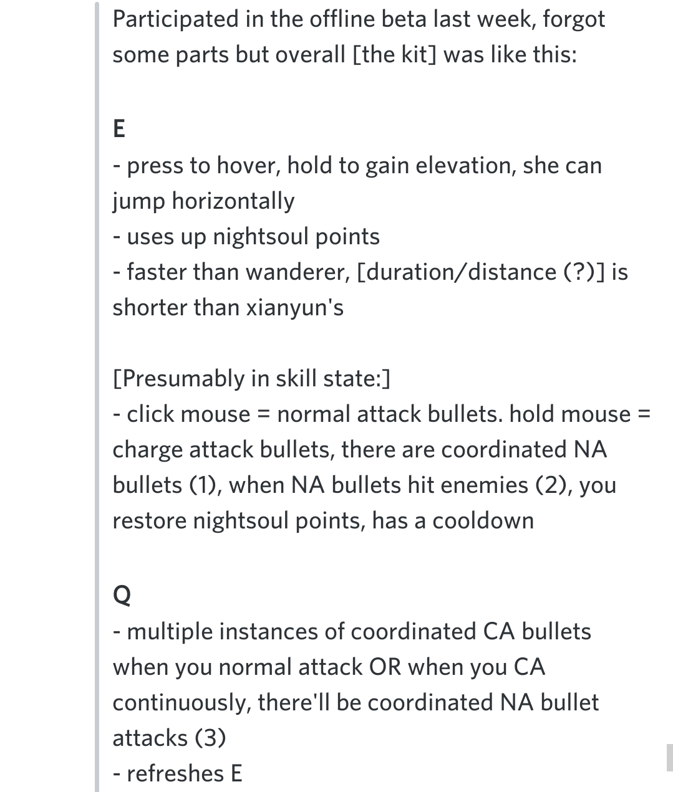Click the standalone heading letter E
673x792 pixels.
(x=119, y=129)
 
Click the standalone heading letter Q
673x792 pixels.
(x=122, y=595)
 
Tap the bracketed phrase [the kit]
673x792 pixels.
(x=394, y=55)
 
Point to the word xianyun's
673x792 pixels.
(x=294, y=307)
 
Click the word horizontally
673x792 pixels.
(x=233, y=201)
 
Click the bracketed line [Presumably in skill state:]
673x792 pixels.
(x=251, y=378)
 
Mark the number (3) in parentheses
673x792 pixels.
(x=210, y=738)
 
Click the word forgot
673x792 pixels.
(x=574, y=19)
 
